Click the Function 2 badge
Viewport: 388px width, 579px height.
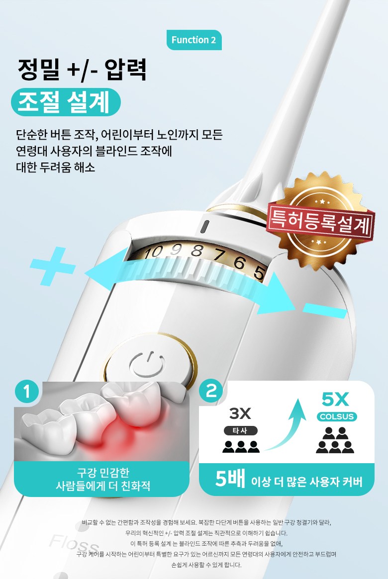[194, 40]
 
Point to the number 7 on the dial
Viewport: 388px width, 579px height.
[220, 255]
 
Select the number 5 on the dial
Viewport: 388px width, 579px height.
[259, 272]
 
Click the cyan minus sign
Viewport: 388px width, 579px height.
[325, 311]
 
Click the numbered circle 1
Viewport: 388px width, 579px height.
[26, 392]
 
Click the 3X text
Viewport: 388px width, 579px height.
[240, 414]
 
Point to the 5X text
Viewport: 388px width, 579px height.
[335, 399]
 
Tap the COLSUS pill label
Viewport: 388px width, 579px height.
[337, 416]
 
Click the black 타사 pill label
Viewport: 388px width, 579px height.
[240, 430]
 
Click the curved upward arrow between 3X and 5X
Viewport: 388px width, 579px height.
[288, 424]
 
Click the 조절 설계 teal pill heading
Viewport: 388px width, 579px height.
[66, 102]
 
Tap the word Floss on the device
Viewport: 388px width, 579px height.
[74, 543]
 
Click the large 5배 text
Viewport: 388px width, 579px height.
[230, 479]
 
